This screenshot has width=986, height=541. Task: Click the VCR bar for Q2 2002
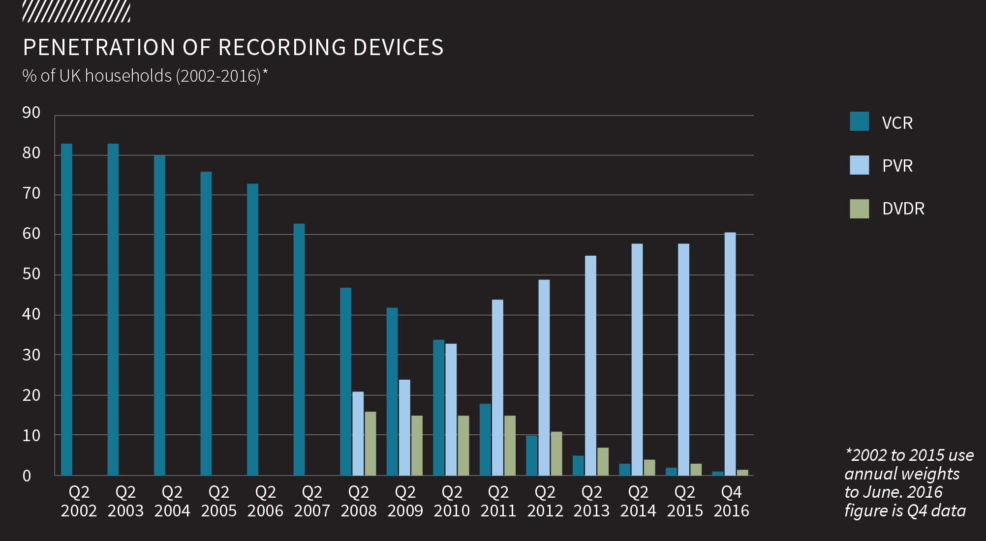[66, 310]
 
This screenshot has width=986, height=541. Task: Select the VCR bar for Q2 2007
[299, 350]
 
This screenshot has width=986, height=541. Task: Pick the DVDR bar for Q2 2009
[417, 446]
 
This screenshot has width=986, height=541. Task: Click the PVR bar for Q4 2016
[730, 354]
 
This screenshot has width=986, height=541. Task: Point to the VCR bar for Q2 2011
[485, 440]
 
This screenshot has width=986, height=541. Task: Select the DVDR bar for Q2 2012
[556, 453]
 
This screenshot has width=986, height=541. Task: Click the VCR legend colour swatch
[859, 121]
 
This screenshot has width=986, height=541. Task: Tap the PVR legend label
[897, 166]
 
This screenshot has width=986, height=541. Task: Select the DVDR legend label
[903, 209]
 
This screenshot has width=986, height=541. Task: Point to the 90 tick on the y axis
[31, 113]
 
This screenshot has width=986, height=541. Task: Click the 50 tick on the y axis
[31, 274]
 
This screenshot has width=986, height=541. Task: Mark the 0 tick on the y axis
[27, 476]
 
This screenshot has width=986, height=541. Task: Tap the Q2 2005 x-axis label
[218, 501]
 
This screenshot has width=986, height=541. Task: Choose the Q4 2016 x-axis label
[731, 501]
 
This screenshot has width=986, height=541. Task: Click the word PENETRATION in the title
[99, 48]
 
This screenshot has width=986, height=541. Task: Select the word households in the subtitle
[128, 76]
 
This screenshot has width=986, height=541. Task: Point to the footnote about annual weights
[908, 482]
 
